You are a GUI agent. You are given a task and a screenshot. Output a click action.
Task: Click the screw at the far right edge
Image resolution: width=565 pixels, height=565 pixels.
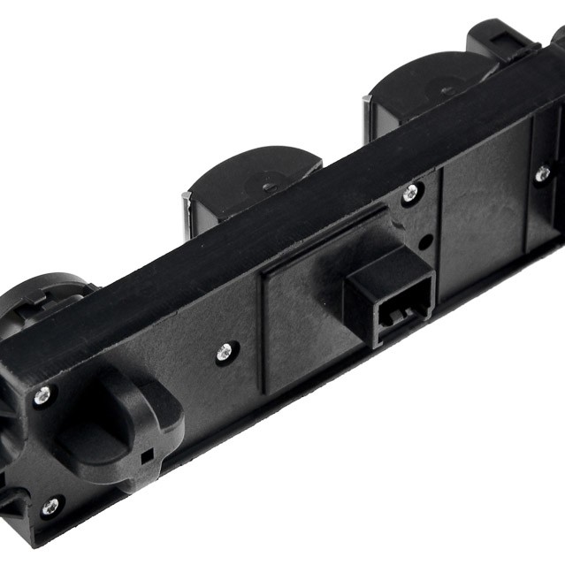[x=542, y=174]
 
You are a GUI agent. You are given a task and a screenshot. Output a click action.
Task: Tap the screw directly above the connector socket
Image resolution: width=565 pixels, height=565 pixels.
[x=408, y=194]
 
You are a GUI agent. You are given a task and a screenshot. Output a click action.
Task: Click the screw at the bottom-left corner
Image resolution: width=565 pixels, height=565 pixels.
[x=50, y=507]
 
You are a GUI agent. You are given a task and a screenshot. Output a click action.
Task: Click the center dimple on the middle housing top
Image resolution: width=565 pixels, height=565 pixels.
[x=268, y=187]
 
